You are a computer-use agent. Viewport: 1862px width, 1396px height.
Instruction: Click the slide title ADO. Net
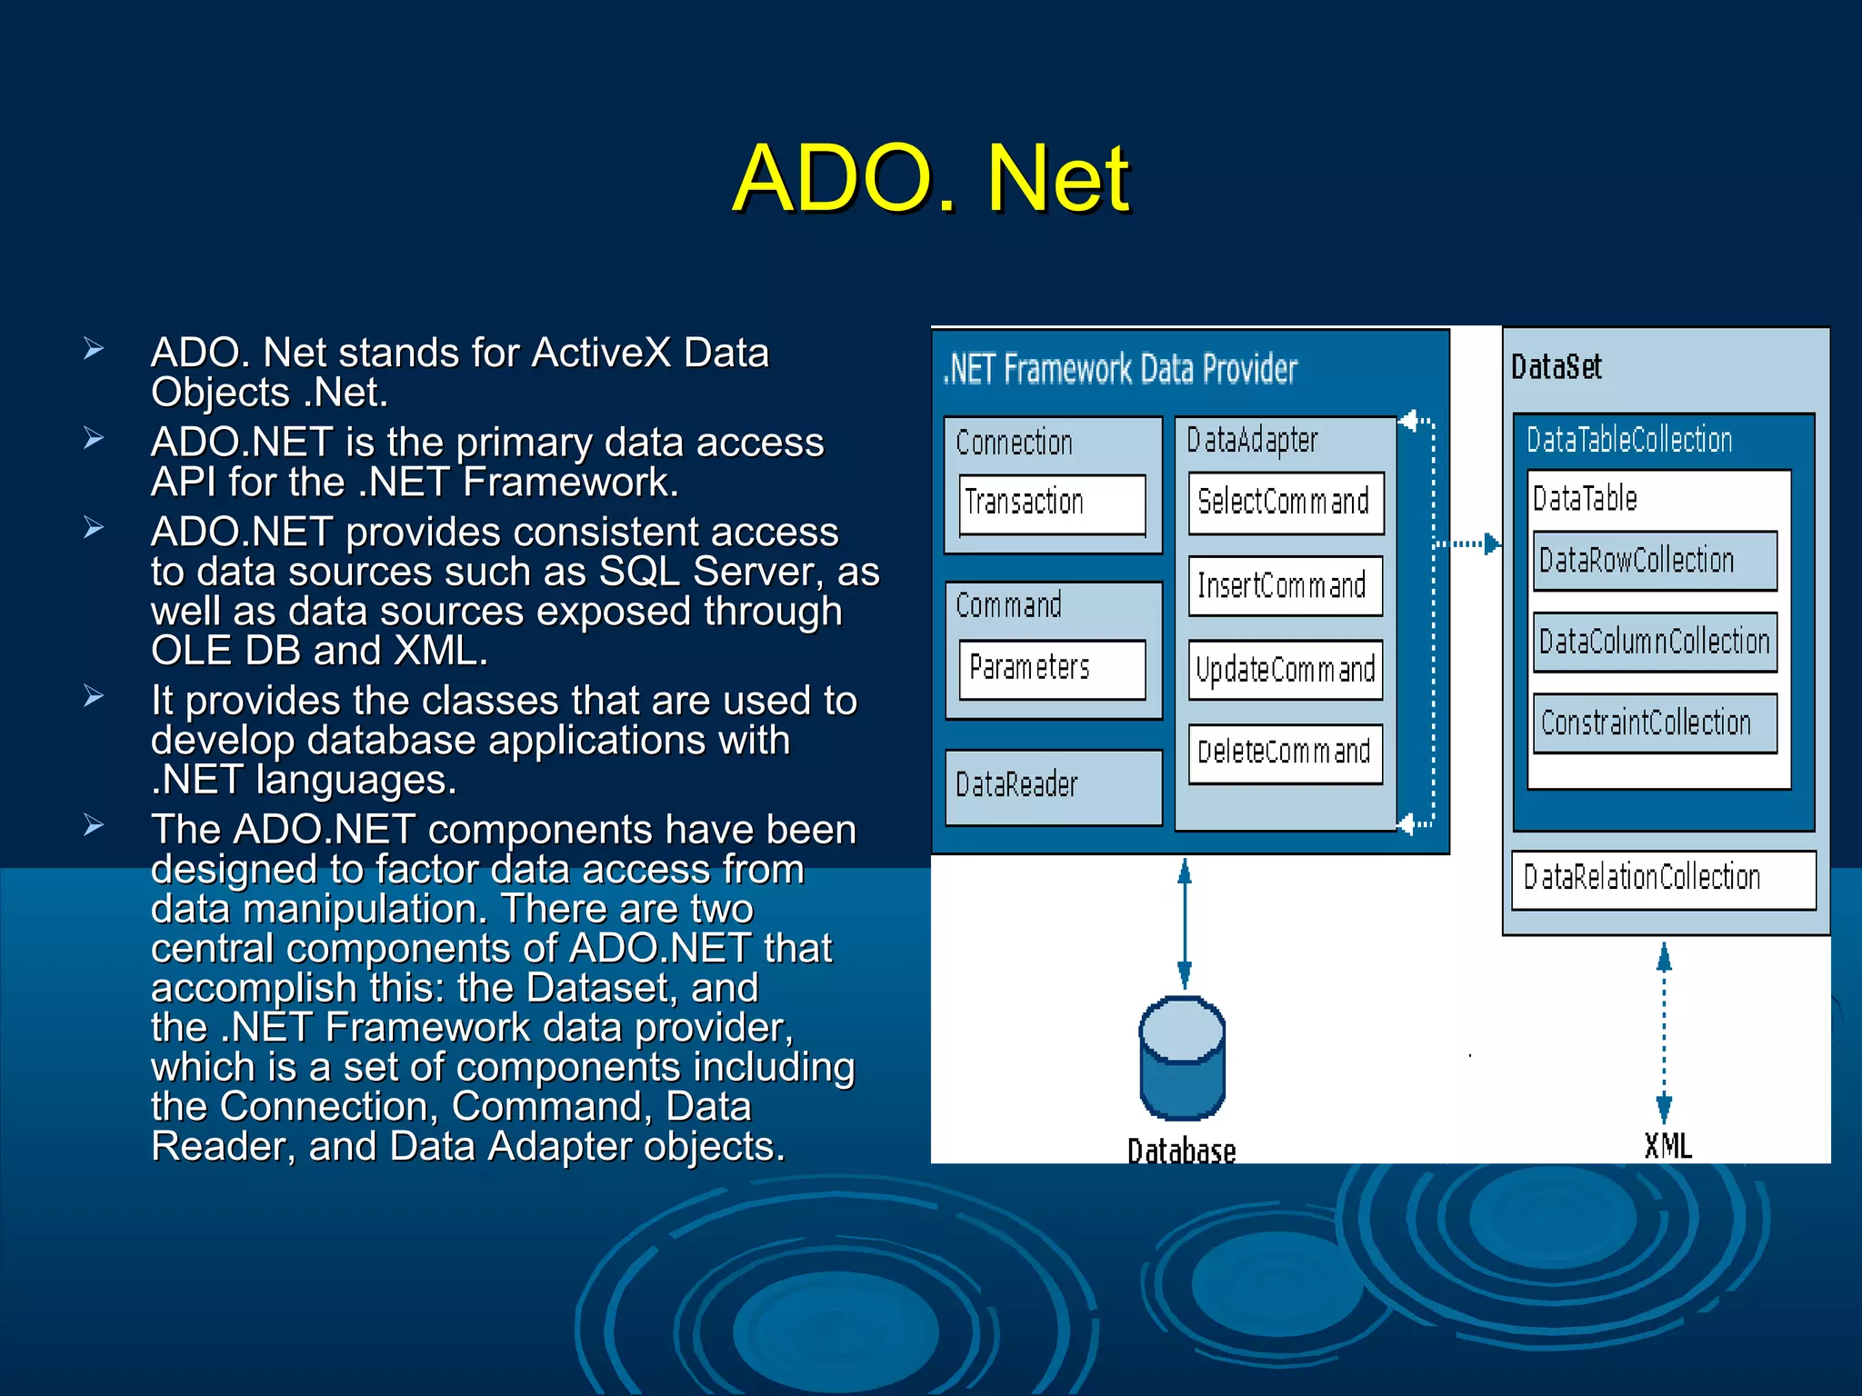pyautogui.click(x=931, y=179)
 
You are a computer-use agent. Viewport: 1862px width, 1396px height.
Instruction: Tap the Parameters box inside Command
pyautogui.click(x=1052, y=669)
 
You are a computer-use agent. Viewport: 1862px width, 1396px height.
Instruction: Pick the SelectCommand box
pyautogui.click(x=1285, y=503)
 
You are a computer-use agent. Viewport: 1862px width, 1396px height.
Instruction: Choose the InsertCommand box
pyautogui.click(x=1285, y=586)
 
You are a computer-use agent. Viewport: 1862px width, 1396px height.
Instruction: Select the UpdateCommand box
pyautogui.click(x=1285, y=671)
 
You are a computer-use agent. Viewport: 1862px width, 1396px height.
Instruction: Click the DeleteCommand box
pyautogui.click(x=1285, y=753)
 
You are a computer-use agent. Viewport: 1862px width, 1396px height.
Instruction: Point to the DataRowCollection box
pyautogui.click(x=1654, y=561)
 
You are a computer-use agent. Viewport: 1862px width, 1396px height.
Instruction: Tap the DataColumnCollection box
pyautogui.click(x=1654, y=643)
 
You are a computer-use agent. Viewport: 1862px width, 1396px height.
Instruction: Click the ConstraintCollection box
pyautogui.click(x=1654, y=723)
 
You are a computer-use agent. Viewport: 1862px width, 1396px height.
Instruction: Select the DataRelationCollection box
pyautogui.click(x=1663, y=879)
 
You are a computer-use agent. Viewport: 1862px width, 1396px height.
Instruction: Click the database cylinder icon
pyautogui.click(x=1182, y=1059)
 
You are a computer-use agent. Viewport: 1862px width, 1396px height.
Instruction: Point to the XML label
pyautogui.click(x=1667, y=1146)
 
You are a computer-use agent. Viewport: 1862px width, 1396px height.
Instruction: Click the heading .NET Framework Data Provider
pyautogui.click(x=1120, y=370)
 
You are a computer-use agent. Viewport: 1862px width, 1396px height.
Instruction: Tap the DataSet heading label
pyautogui.click(x=1556, y=367)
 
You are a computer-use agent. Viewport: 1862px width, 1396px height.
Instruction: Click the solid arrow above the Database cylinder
pyautogui.click(x=1185, y=922)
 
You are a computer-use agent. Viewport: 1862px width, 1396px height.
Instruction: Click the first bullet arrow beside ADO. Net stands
pyautogui.click(x=94, y=349)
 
